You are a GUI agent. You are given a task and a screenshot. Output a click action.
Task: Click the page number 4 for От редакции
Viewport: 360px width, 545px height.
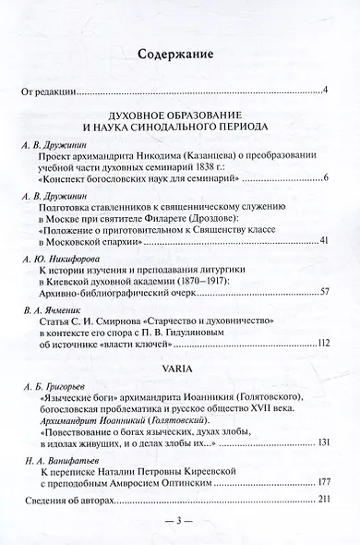coord(328,91)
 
